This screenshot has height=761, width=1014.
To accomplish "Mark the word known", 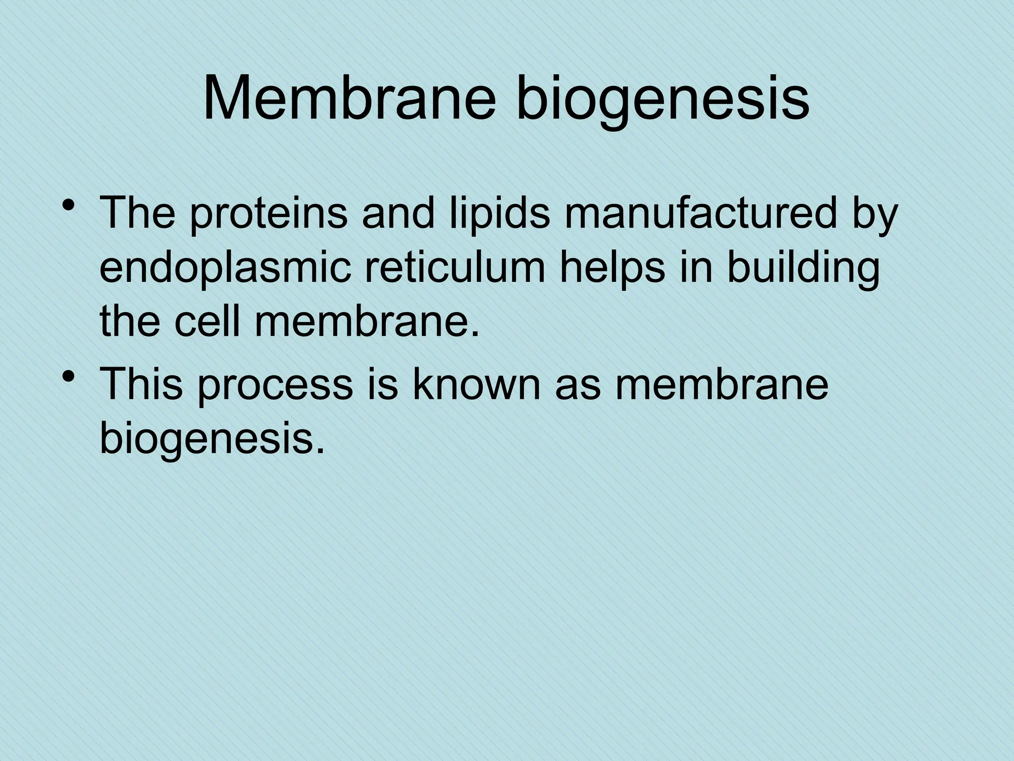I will pos(478,383).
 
